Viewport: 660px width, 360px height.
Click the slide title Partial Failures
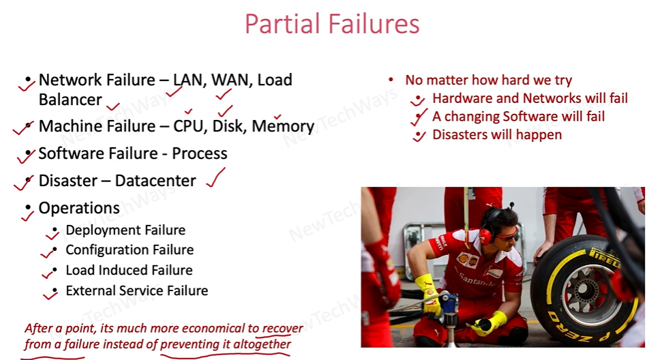coord(332,24)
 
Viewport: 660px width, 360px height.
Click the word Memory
coord(283,127)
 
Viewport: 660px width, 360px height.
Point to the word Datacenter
coord(155,181)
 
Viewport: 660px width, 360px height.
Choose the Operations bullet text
coord(79,208)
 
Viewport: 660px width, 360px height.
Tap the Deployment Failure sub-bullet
coord(125,230)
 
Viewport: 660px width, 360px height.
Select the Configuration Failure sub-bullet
coord(130,250)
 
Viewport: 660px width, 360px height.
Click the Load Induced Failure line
coord(130,270)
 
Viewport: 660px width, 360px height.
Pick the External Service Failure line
coord(137,290)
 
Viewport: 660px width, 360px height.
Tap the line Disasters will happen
coord(497,135)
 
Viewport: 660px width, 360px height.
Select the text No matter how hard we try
coord(489,80)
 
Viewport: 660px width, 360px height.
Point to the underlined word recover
coord(282,328)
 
